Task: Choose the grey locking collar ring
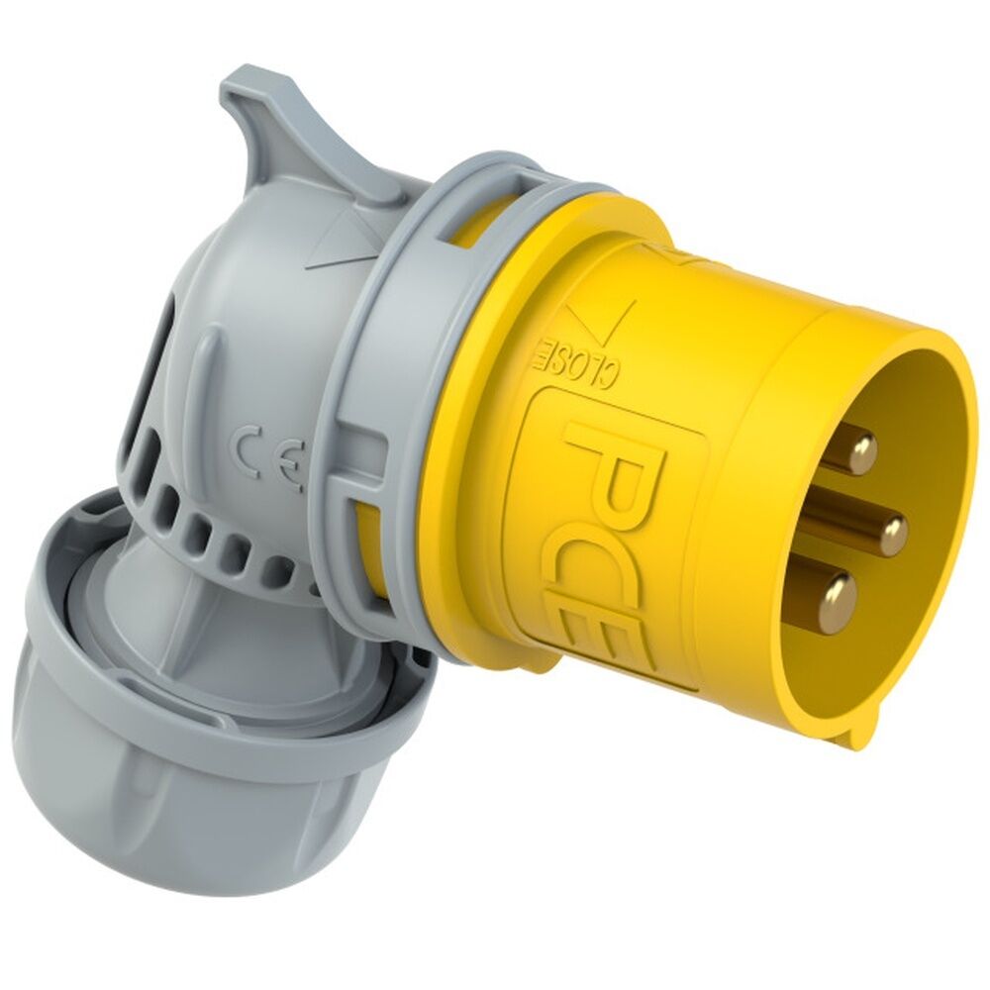(386, 396)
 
